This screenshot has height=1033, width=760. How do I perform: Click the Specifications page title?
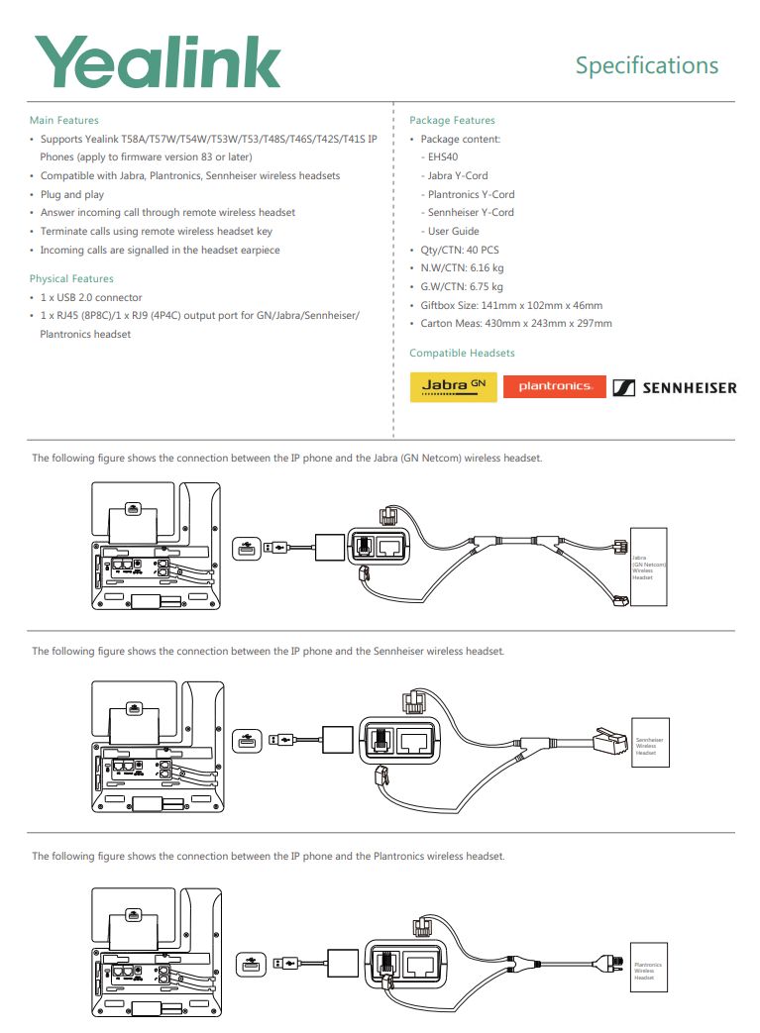point(646,65)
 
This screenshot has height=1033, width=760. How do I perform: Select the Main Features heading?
point(63,120)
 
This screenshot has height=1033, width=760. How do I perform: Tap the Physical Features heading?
point(71,278)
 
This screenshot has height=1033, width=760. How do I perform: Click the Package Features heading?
point(452,120)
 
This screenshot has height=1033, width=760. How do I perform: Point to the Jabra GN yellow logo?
point(453,386)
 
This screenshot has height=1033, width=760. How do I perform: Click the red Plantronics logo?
point(554,386)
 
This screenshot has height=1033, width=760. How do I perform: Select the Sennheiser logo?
point(674,387)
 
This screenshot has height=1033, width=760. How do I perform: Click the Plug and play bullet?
point(71,194)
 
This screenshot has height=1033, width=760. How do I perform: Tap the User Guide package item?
point(453,231)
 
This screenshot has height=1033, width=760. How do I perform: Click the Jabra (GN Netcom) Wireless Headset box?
point(648,568)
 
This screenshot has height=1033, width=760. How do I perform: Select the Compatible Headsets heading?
point(462,353)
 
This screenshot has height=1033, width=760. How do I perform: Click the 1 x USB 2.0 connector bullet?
point(90,297)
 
